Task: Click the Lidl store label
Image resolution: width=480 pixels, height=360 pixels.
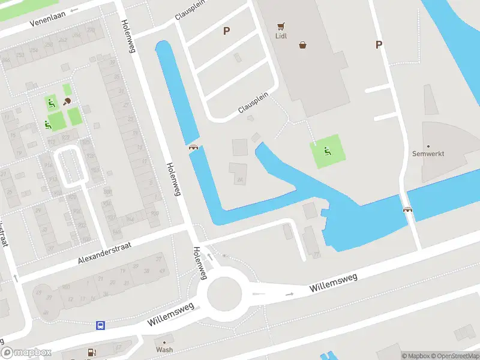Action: tap(281, 35)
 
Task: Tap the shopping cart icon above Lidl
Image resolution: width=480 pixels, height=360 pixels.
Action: tap(281, 26)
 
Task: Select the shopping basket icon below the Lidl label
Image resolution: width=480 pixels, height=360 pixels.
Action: tap(303, 44)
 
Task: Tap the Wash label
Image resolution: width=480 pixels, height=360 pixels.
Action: tap(164, 350)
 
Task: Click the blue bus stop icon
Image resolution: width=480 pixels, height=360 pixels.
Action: tap(100, 326)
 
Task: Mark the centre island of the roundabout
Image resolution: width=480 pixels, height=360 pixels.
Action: tap(224, 295)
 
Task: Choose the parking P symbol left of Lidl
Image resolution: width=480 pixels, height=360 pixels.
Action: tap(226, 31)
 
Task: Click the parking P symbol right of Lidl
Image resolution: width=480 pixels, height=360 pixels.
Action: tap(379, 44)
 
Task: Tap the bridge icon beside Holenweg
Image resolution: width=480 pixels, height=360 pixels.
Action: tap(193, 147)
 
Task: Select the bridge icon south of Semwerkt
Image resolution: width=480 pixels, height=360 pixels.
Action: tap(409, 209)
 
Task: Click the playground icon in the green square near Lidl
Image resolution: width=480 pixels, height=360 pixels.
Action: tap(328, 151)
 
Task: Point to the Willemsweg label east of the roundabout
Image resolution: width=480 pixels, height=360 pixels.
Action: tap(334, 280)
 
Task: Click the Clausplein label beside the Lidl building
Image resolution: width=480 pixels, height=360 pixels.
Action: tap(253, 103)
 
